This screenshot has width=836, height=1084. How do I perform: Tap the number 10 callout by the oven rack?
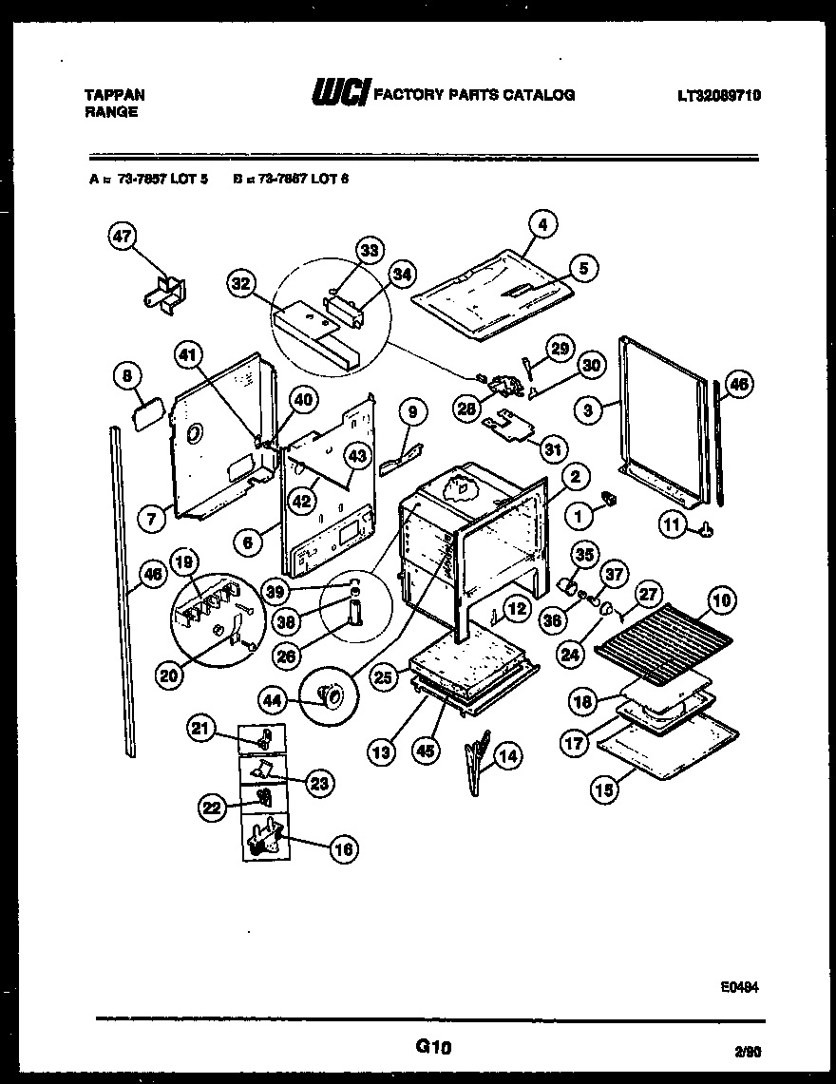coord(721,599)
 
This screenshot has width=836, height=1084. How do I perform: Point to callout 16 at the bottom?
coord(344,849)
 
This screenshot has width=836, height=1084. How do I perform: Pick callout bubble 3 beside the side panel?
coord(590,410)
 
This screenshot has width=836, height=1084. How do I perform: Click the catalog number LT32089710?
coord(719,95)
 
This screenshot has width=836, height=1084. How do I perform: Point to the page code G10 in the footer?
coord(432,1047)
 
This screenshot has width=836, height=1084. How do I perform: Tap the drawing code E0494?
coord(739,987)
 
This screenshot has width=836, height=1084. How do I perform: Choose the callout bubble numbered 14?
coord(509,756)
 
